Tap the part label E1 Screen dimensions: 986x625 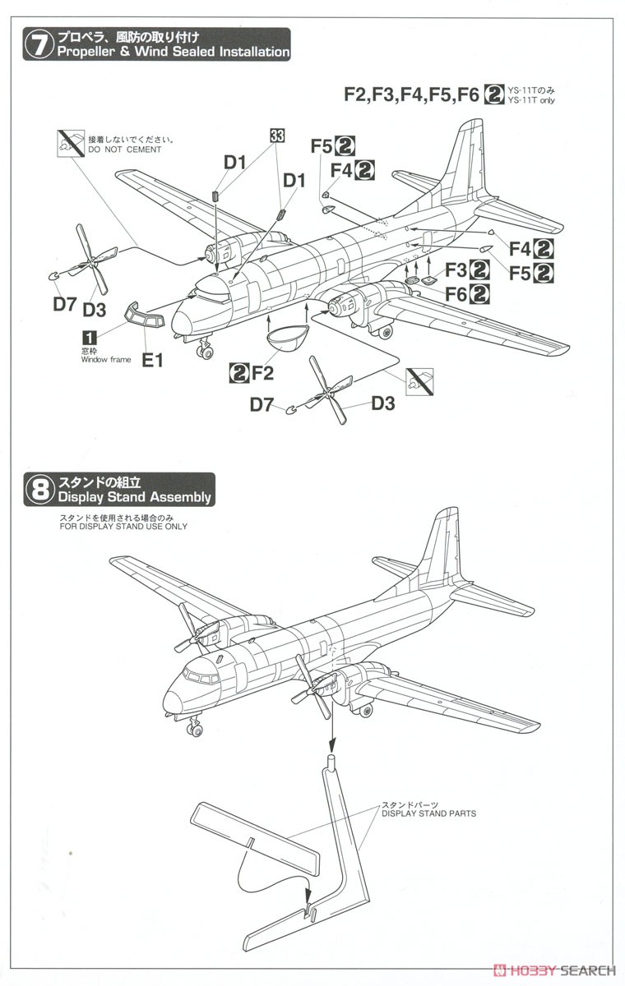point(152,359)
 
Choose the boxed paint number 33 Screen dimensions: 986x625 point(276,137)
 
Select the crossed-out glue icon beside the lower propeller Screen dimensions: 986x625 point(419,379)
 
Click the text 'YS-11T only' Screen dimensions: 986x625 point(532,100)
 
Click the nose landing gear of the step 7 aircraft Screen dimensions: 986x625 point(203,350)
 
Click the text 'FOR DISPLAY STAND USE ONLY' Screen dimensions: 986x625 point(123,526)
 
